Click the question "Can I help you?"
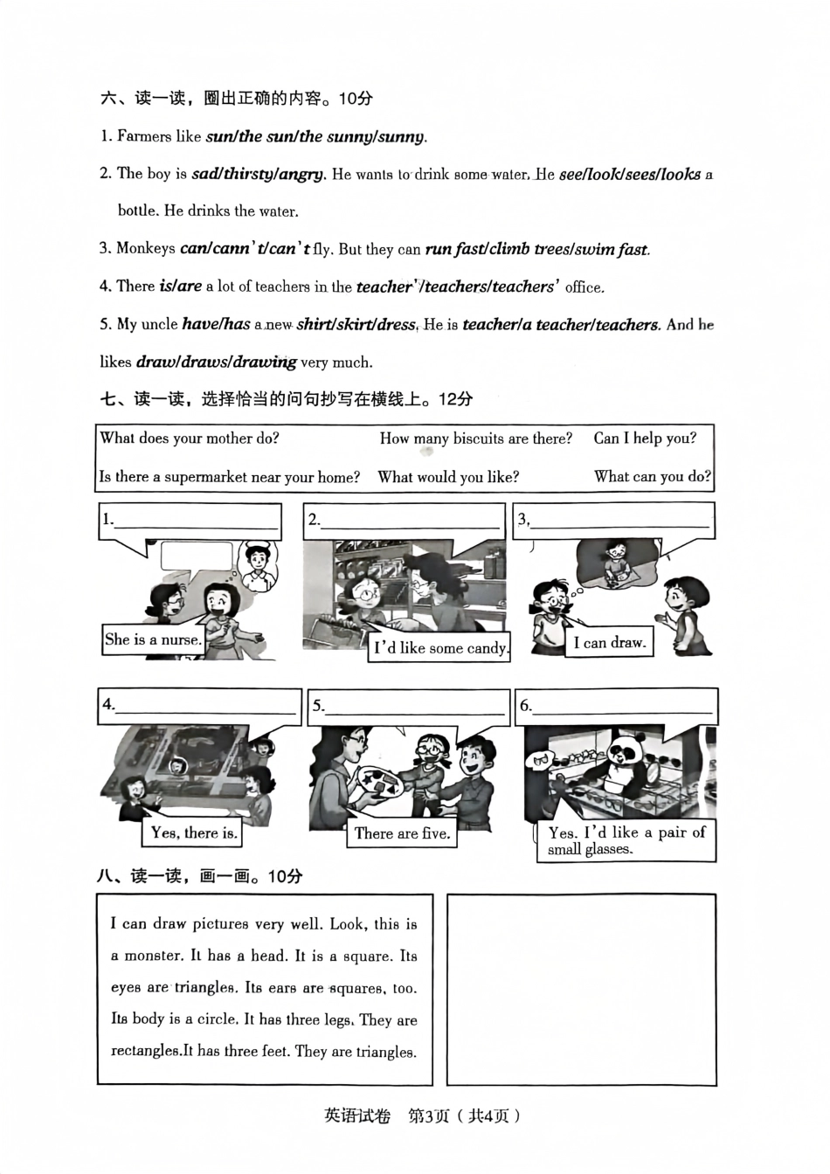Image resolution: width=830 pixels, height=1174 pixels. (x=645, y=439)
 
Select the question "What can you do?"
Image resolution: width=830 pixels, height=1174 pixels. (x=653, y=477)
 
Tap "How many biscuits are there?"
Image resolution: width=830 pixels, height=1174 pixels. (x=475, y=439)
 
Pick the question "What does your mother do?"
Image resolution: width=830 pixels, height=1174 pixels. (x=190, y=439)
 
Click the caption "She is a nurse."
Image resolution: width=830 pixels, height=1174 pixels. (x=153, y=639)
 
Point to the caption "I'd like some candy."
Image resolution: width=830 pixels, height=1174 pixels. (x=439, y=648)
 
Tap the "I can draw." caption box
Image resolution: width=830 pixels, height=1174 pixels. (x=609, y=643)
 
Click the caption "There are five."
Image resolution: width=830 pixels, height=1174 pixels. (x=402, y=833)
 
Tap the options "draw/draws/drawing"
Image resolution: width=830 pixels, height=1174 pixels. (x=216, y=362)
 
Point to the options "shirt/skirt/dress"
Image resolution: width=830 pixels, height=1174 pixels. (x=356, y=325)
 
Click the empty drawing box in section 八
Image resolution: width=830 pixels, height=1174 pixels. (x=581, y=989)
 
